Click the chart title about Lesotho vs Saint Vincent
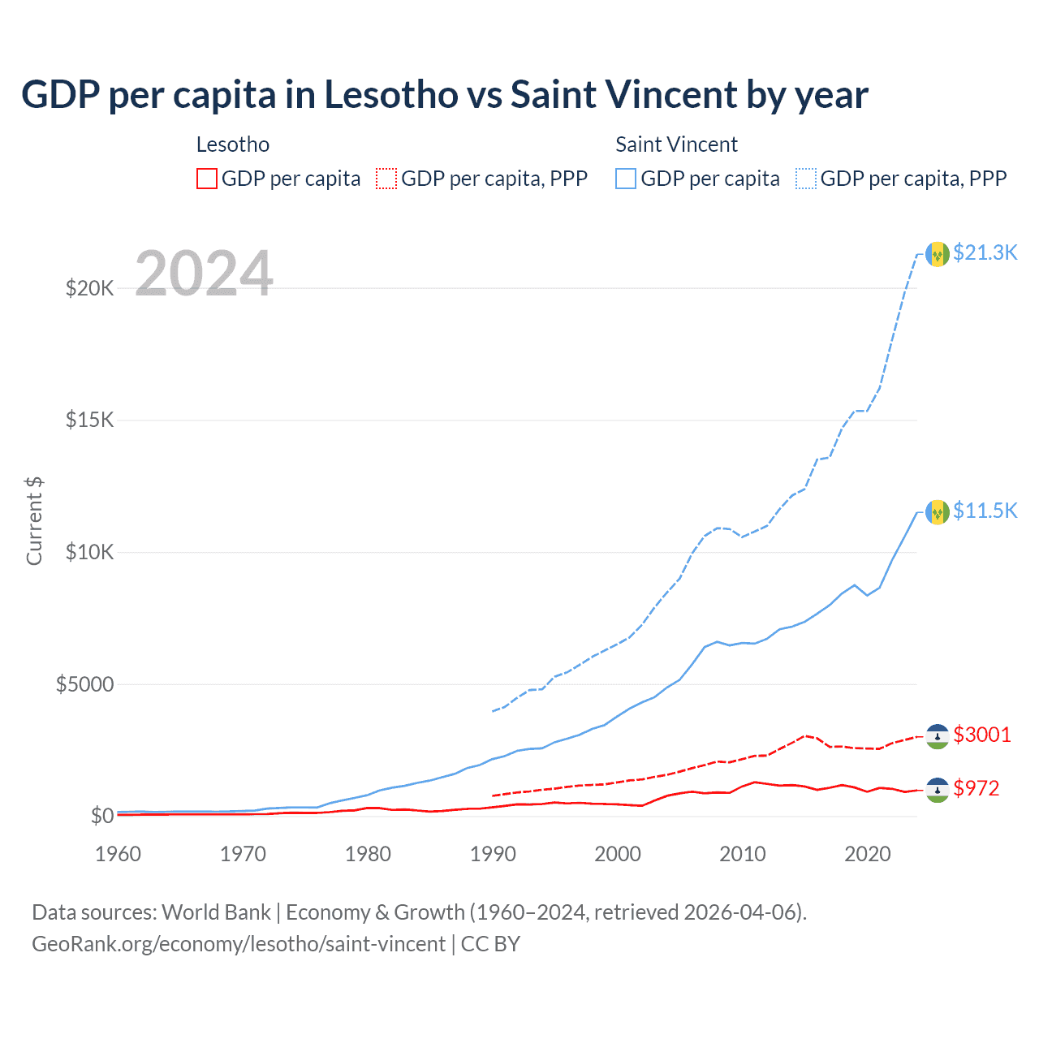[x=445, y=95]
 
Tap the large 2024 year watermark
[x=204, y=274]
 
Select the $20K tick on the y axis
[x=90, y=288]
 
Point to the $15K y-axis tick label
[x=90, y=420]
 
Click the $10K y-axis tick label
[x=90, y=553]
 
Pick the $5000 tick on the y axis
[x=84, y=684]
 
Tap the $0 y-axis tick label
[x=101, y=816]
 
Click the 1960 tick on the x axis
[x=119, y=854]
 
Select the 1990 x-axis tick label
[x=494, y=854]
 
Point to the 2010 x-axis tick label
[x=743, y=854]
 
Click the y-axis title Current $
[x=34, y=521]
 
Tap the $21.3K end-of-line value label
[x=985, y=253]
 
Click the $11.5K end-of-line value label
[x=985, y=511]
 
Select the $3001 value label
[x=982, y=735]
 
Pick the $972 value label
[x=976, y=788]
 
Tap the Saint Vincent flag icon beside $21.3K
[x=938, y=254]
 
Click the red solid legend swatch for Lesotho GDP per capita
[x=207, y=179]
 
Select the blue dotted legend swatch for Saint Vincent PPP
[x=806, y=179]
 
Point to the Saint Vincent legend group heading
[x=676, y=144]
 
